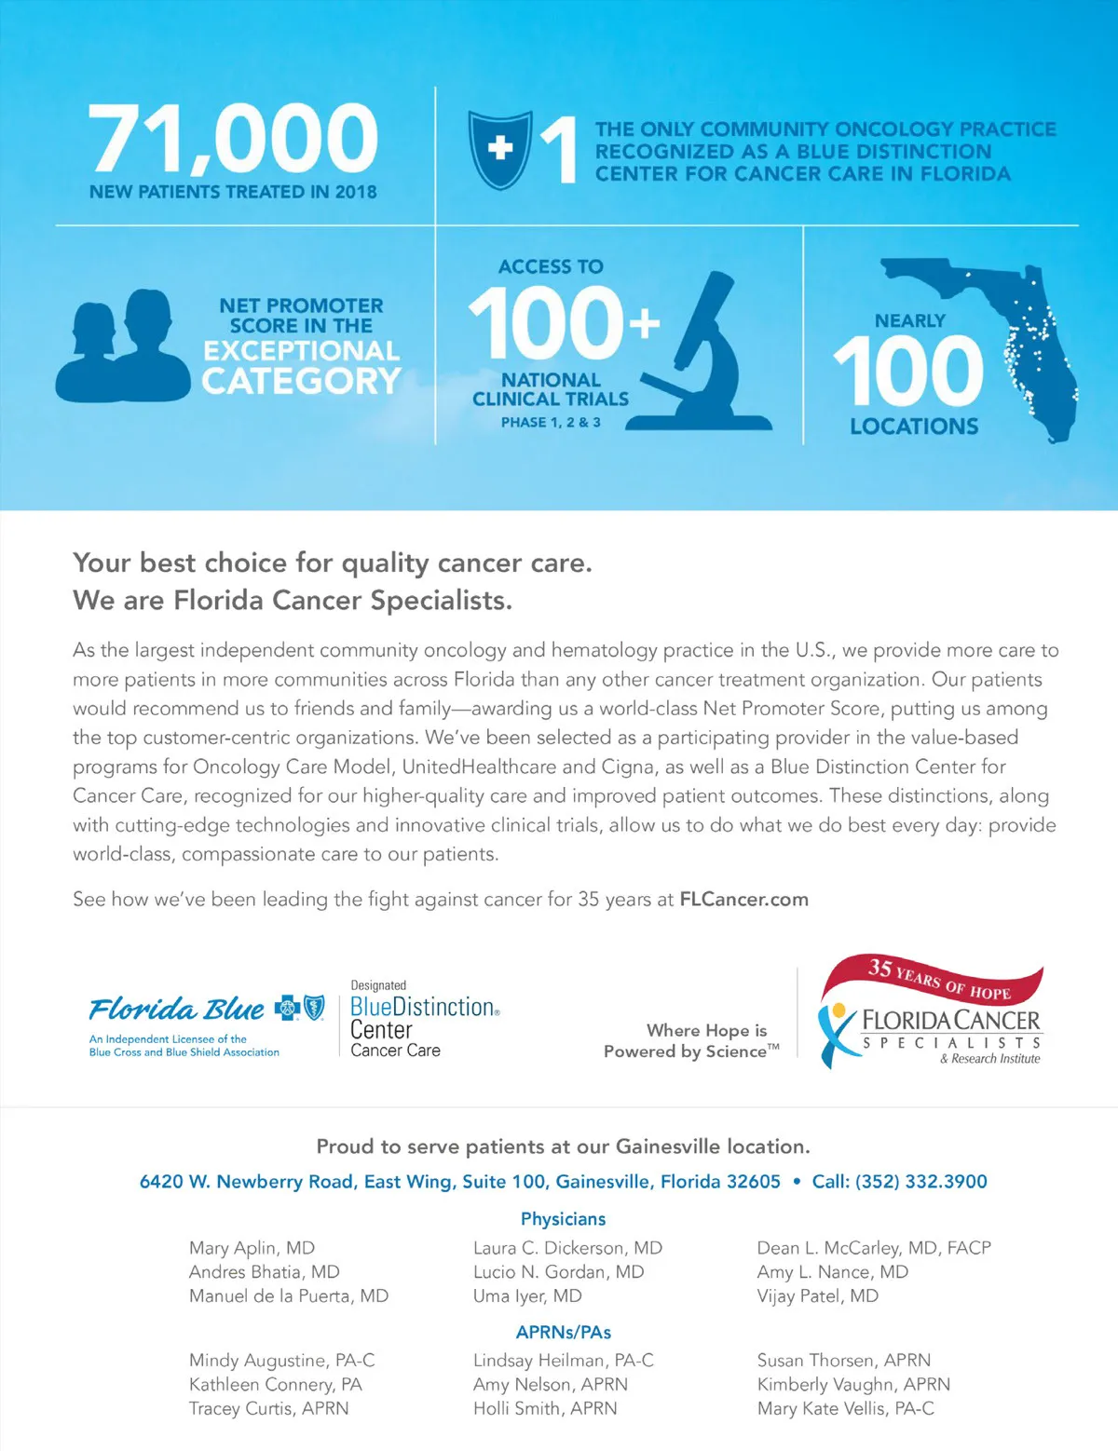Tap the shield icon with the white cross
coord(499,149)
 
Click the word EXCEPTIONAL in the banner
coord(301,351)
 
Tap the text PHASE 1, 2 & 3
coord(551,423)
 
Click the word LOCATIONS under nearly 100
coord(914,427)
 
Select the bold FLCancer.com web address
coord(743,900)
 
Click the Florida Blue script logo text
coord(177,1010)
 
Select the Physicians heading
coord(563,1219)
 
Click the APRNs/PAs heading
coord(563,1332)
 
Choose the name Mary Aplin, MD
coord(252,1248)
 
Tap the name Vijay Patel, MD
coord(817,1296)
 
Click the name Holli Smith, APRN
coord(544,1409)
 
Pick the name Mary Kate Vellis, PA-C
coord(845,1409)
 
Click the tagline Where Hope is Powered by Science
coord(691,1041)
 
